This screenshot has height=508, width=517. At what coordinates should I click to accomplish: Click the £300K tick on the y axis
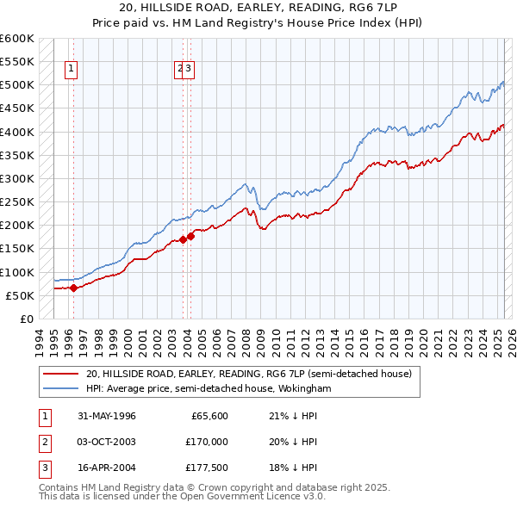point(17,179)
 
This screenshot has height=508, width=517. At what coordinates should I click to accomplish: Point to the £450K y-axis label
point(17,108)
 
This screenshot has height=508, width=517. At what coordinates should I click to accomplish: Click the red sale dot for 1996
point(73,288)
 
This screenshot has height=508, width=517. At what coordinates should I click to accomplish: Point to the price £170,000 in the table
point(208,442)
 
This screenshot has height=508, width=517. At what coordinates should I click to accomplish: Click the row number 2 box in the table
point(42,442)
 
